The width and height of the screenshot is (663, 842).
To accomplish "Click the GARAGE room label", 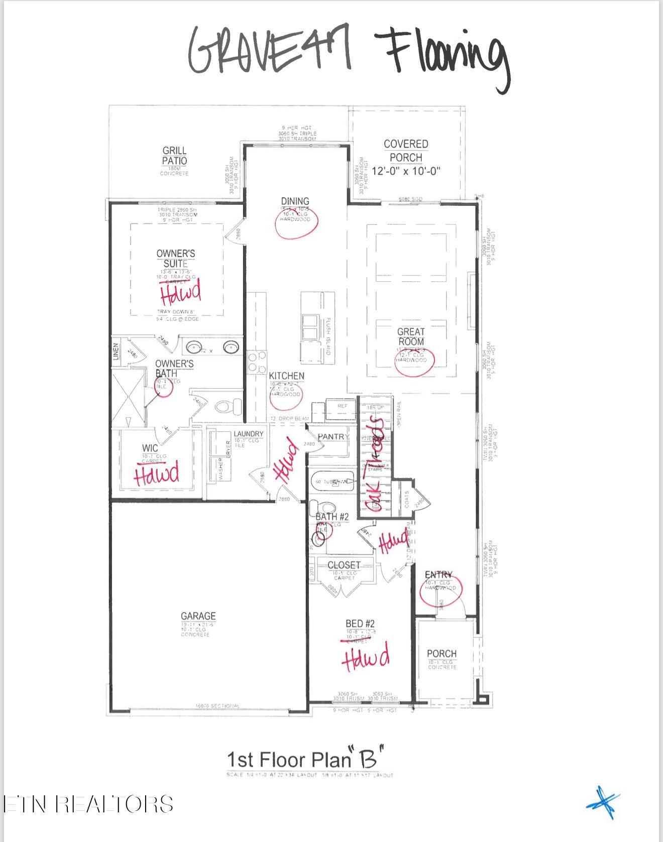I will pos(198,616).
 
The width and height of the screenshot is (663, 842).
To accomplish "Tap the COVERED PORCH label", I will pos(406,151).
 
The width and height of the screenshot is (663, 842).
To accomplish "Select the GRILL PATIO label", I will pos(174,156).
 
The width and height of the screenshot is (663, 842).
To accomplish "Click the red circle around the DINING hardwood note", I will pos(296,222).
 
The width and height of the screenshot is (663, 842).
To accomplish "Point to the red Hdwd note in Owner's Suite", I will pos(180,293).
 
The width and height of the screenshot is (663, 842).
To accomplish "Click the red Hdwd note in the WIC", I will pos(156,474).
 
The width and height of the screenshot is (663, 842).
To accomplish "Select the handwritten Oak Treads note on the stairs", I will pos(378,464).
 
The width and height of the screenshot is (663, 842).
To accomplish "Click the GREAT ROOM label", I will pos(411,336).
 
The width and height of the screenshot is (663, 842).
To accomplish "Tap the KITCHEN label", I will pos(286,376).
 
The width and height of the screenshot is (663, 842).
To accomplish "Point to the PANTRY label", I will pos(331,437).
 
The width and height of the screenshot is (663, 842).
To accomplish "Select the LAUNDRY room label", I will pos(248,434).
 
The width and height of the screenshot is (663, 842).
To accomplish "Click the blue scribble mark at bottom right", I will pos(604,802).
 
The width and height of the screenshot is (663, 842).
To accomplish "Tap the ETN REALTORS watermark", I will pos(88,804).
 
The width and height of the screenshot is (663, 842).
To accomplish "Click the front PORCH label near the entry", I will pos(441,654).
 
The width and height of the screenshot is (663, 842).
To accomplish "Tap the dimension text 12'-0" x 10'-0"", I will pos(406,171).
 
